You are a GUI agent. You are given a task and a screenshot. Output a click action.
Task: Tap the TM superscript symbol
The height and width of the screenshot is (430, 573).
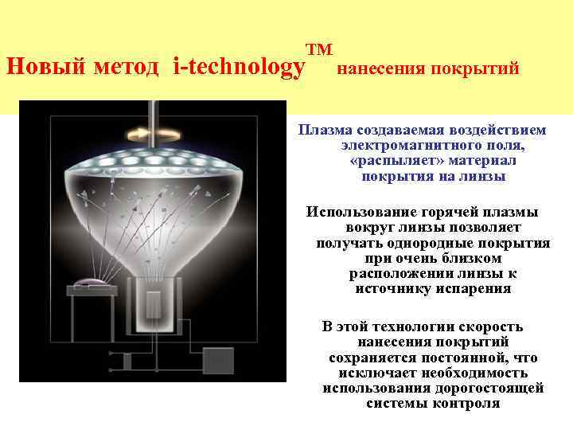click(x=318, y=49)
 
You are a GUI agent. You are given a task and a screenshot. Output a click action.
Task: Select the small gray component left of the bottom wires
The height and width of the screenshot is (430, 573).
click(x=127, y=361)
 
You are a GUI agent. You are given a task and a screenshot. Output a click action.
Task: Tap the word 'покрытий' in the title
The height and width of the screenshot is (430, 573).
click(x=481, y=69)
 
